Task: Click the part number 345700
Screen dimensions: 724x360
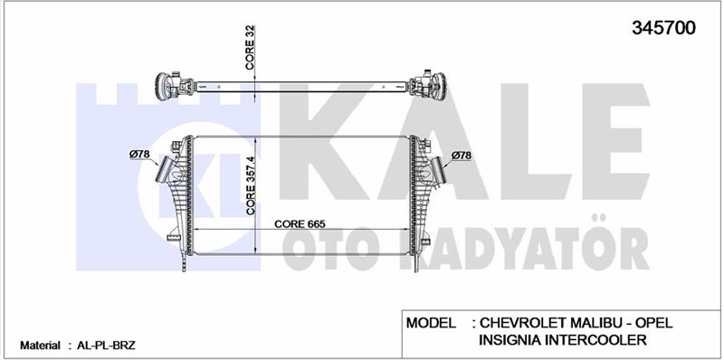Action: pos(663,28)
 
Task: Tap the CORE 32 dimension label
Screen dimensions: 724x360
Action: pos(251,48)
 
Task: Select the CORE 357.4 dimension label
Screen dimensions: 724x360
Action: pos(251,185)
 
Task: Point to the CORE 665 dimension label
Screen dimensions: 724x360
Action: pos(300,223)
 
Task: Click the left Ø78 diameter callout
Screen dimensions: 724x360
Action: pos(139,154)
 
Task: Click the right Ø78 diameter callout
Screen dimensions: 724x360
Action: pos(462,156)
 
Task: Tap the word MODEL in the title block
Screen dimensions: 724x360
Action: pos(431,323)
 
